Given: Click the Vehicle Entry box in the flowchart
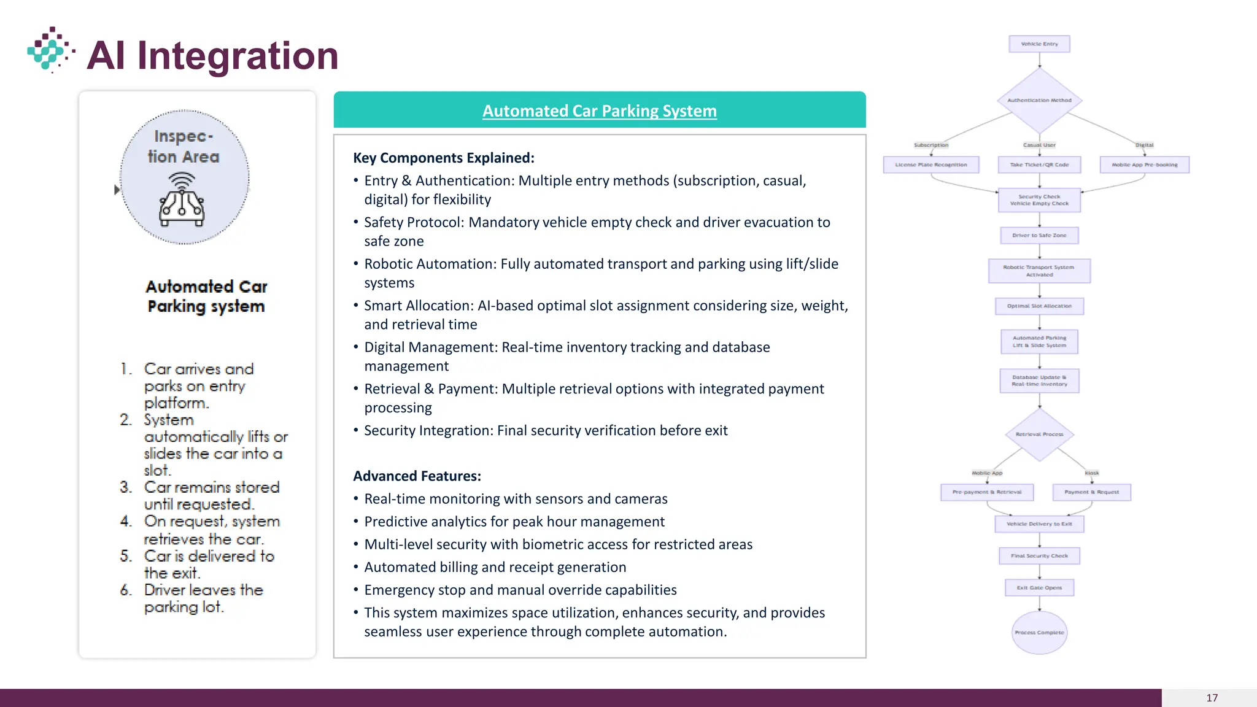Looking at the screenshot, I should click(1039, 44).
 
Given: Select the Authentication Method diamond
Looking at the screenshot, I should click(1039, 100).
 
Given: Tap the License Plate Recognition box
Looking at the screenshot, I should click(930, 165).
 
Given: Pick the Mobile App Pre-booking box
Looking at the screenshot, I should click(1144, 165).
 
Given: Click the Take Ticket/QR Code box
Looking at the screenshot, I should click(1039, 165).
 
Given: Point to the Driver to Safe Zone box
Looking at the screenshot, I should click(1039, 236).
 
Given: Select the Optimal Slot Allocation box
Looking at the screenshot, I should click(1039, 306).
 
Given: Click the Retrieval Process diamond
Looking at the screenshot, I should click(1039, 435).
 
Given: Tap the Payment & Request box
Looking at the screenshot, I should click(1091, 492).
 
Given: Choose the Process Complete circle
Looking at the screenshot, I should click(1039, 633).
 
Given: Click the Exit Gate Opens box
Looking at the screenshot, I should click(1039, 588).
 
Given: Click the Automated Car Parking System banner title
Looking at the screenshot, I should click(599, 111).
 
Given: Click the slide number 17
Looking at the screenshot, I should click(1212, 698).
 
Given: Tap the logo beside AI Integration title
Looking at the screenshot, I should click(50, 50).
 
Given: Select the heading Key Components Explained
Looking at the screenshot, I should click(444, 158).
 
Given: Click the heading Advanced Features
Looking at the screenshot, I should click(417, 476).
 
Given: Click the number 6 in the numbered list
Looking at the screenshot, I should click(126, 590).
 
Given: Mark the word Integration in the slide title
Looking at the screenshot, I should click(238, 56).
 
